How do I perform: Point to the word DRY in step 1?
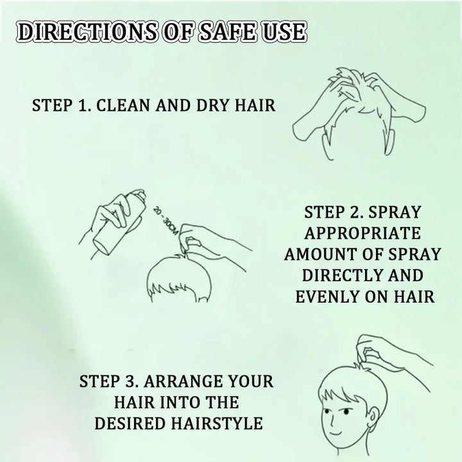206,105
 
